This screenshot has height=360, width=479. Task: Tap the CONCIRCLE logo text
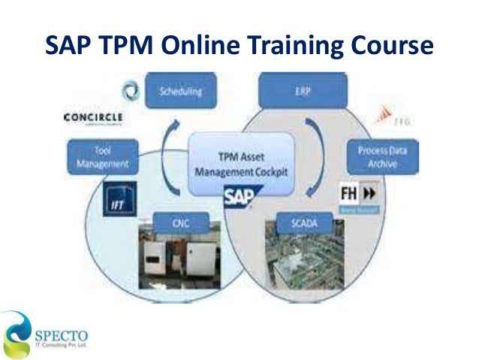tap(94, 117)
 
